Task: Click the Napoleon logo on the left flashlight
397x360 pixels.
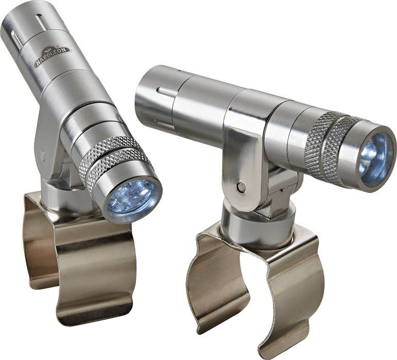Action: tap(52, 57)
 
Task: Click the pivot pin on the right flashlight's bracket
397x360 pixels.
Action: tap(241, 187)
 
